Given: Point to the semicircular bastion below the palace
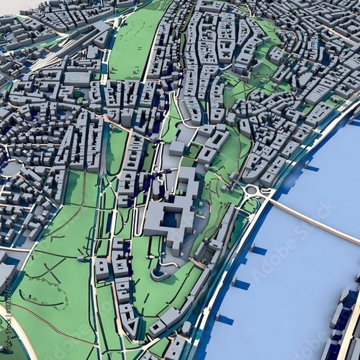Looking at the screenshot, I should tap(161, 272).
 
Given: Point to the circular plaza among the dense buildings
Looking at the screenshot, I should tap(11, 169).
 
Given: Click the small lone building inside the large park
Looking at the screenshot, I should tap(82, 259).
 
